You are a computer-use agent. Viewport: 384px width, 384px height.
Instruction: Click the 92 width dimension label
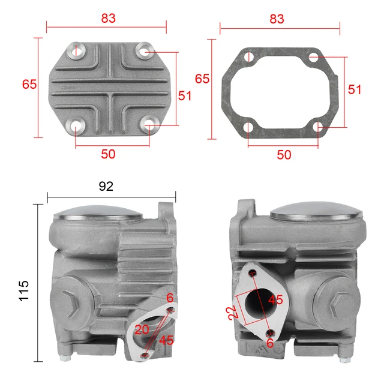click(x=106, y=186)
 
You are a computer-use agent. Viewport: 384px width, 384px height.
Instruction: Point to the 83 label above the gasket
click(x=277, y=19)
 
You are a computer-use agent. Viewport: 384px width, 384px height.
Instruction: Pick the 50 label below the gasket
click(x=284, y=154)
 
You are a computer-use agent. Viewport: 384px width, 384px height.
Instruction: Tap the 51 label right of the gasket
click(x=355, y=89)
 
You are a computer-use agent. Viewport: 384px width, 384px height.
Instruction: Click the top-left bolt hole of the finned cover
click(x=76, y=50)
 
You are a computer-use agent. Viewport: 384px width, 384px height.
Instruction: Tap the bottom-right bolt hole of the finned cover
click(x=149, y=126)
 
